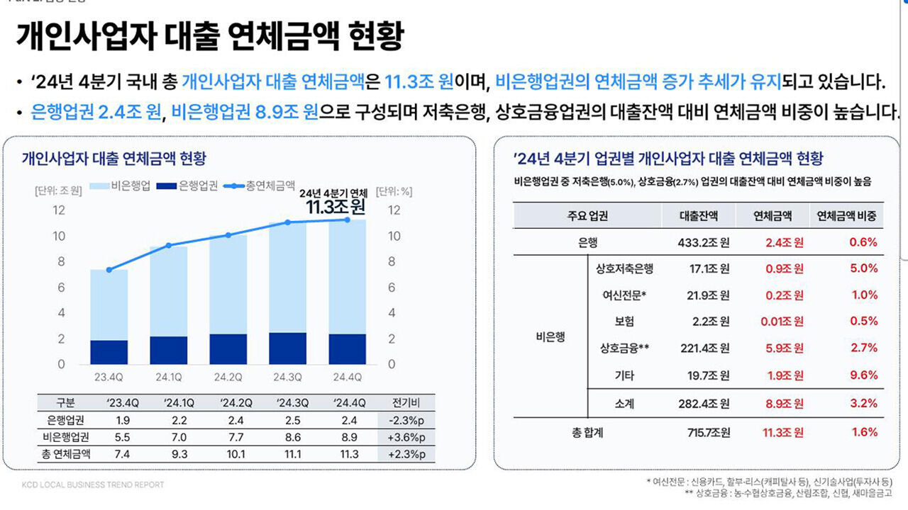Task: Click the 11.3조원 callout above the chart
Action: (x=336, y=207)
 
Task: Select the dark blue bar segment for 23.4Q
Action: (x=109, y=352)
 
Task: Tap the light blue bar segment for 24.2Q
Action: (x=228, y=284)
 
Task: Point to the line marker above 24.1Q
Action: (x=168, y=245)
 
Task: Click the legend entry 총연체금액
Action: (x=262, y=186)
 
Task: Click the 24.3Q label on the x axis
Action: (x=287, y=376)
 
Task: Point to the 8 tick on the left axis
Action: (x=61, y=261)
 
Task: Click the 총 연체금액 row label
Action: (x=65, y=454)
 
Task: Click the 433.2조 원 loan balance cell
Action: (x=703, y=242)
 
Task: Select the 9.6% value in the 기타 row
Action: (x=863, y=375)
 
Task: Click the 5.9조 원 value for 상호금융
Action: (x=784, y=348)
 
